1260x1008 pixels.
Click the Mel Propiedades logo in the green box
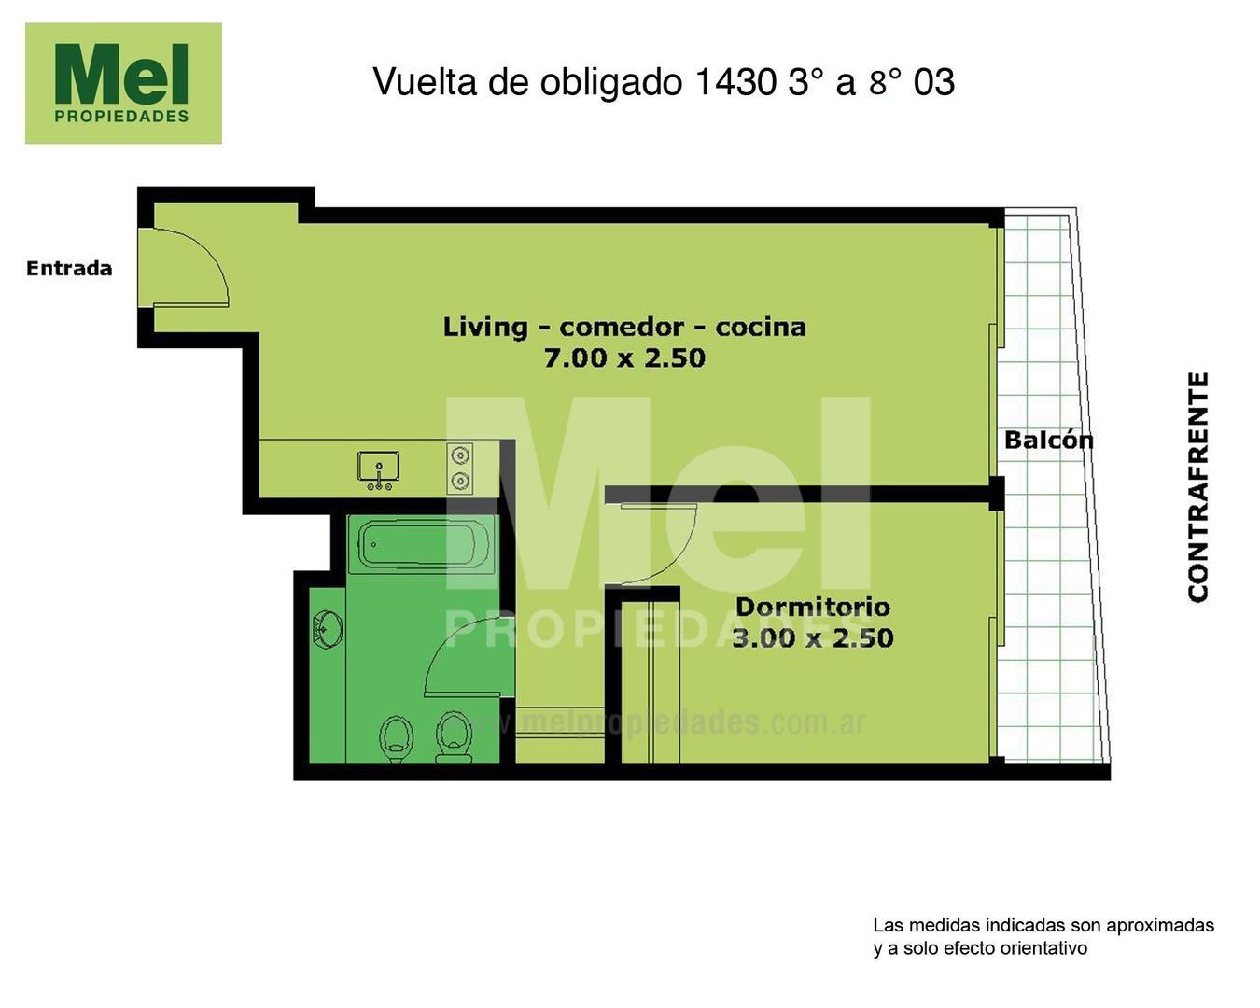coord(123,83)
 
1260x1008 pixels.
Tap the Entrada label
coord(69,269)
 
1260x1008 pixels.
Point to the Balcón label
coord(1048,440)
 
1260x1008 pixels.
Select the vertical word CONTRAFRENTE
coord(1198,486)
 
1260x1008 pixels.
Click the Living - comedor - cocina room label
coord(623,327)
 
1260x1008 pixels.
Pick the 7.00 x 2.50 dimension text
coord(623,357)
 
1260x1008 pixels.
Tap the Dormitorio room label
coord(812,607)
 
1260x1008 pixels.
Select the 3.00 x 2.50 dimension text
coord(812,638)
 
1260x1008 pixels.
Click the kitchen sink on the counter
coord(378,468)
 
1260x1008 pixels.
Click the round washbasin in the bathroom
coord(327,628)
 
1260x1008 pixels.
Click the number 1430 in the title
coord(735,82)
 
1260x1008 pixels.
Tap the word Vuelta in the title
coord(425,82)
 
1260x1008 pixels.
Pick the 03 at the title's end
coord(934,82)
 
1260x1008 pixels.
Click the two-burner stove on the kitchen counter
coord(460,468)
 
